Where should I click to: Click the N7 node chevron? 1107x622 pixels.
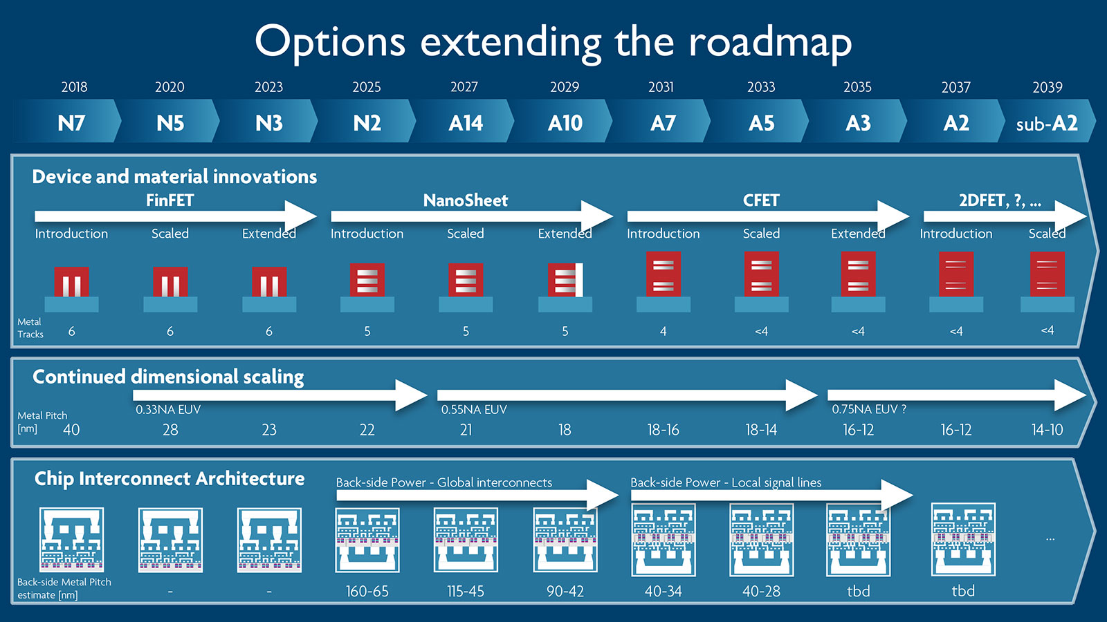(71, 123)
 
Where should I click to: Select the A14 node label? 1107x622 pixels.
(466, 123)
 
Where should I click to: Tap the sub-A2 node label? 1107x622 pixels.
(1046, 124)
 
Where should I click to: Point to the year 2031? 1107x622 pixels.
(661, 87)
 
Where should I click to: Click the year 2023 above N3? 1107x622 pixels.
(268, 87)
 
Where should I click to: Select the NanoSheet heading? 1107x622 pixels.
(466, 200)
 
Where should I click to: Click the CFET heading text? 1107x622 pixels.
(761, 200)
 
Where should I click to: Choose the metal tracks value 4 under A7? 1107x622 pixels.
(663, 332)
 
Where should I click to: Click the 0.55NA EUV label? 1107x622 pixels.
(474, 410)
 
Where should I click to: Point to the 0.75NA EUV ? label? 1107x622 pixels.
(869, 410)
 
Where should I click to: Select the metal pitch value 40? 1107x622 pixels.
(71, 430)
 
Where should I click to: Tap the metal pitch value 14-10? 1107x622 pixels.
(1047, 430)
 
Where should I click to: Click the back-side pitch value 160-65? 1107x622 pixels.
(367, 592)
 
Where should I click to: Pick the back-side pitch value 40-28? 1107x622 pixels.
(761, 592)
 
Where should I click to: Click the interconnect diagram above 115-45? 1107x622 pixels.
(466, 540)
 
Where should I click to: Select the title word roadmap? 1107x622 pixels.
(769, 43)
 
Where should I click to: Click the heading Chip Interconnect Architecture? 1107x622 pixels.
(170, 479)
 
